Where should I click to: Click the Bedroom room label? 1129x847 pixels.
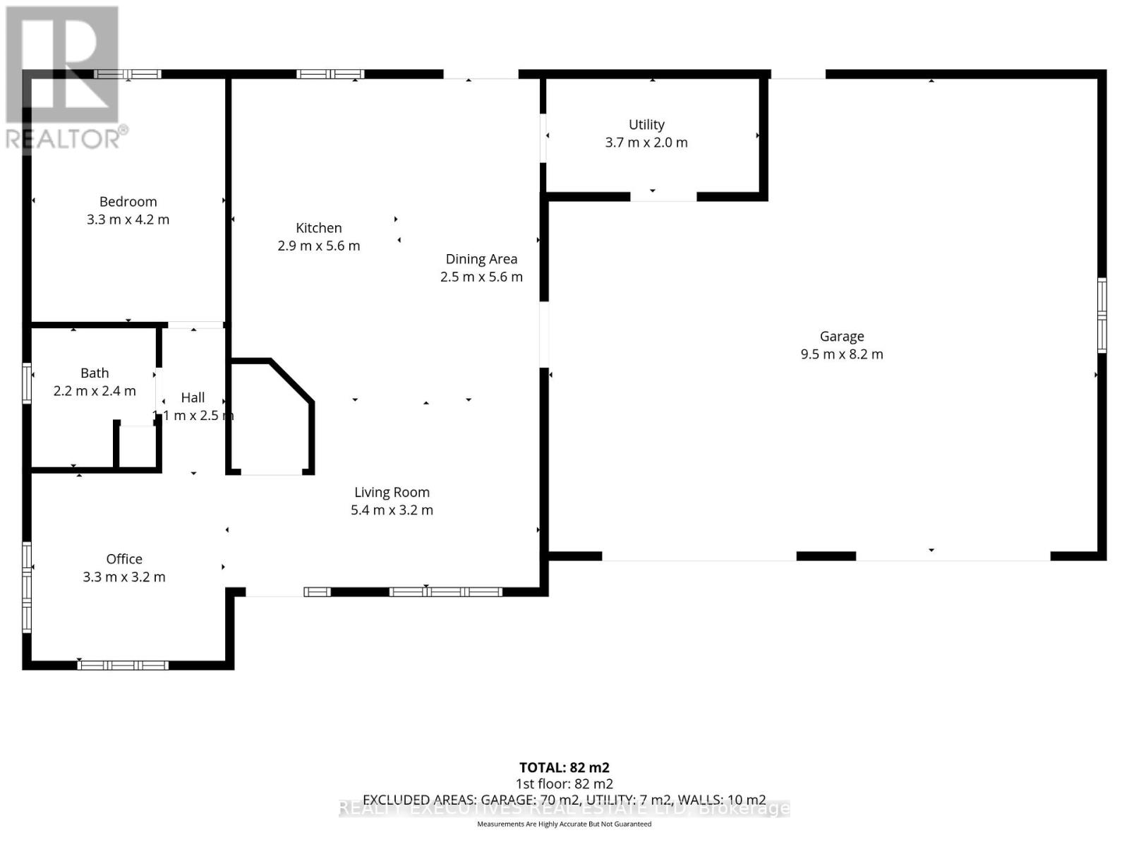[x=128, y=202]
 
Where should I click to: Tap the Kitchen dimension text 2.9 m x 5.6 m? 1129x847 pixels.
[x=319, y=246]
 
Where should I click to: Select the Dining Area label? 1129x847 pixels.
[x=481, y=259]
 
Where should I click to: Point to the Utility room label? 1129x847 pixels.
[x=646, y=125]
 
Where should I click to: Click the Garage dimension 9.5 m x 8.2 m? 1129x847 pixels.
[x=842, y=354]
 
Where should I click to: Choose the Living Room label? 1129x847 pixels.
[x=392, y=492]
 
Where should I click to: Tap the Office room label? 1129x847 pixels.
[x=124, y=559]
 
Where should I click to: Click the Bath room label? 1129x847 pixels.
[x=95, y=373]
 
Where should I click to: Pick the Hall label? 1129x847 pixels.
[x=193, y=397]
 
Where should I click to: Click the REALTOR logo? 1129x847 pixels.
[x=64, y=78]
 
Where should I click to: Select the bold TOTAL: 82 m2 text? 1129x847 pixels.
[x=564, y=767]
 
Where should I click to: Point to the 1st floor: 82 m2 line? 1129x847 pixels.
[x=564, y=783]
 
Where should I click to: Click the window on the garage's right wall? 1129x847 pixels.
[x=1101, y=316]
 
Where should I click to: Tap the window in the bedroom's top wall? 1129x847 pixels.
[x=128, y=74]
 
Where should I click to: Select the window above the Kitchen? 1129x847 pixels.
[x=330, y=74]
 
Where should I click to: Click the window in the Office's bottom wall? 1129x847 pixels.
[x=123, y=665]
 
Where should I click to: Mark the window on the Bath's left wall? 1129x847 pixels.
[x=27, y=383]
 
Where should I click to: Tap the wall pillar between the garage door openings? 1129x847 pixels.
[x=826, y=556]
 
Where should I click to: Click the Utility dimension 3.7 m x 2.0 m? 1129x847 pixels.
[x=646, y=143]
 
